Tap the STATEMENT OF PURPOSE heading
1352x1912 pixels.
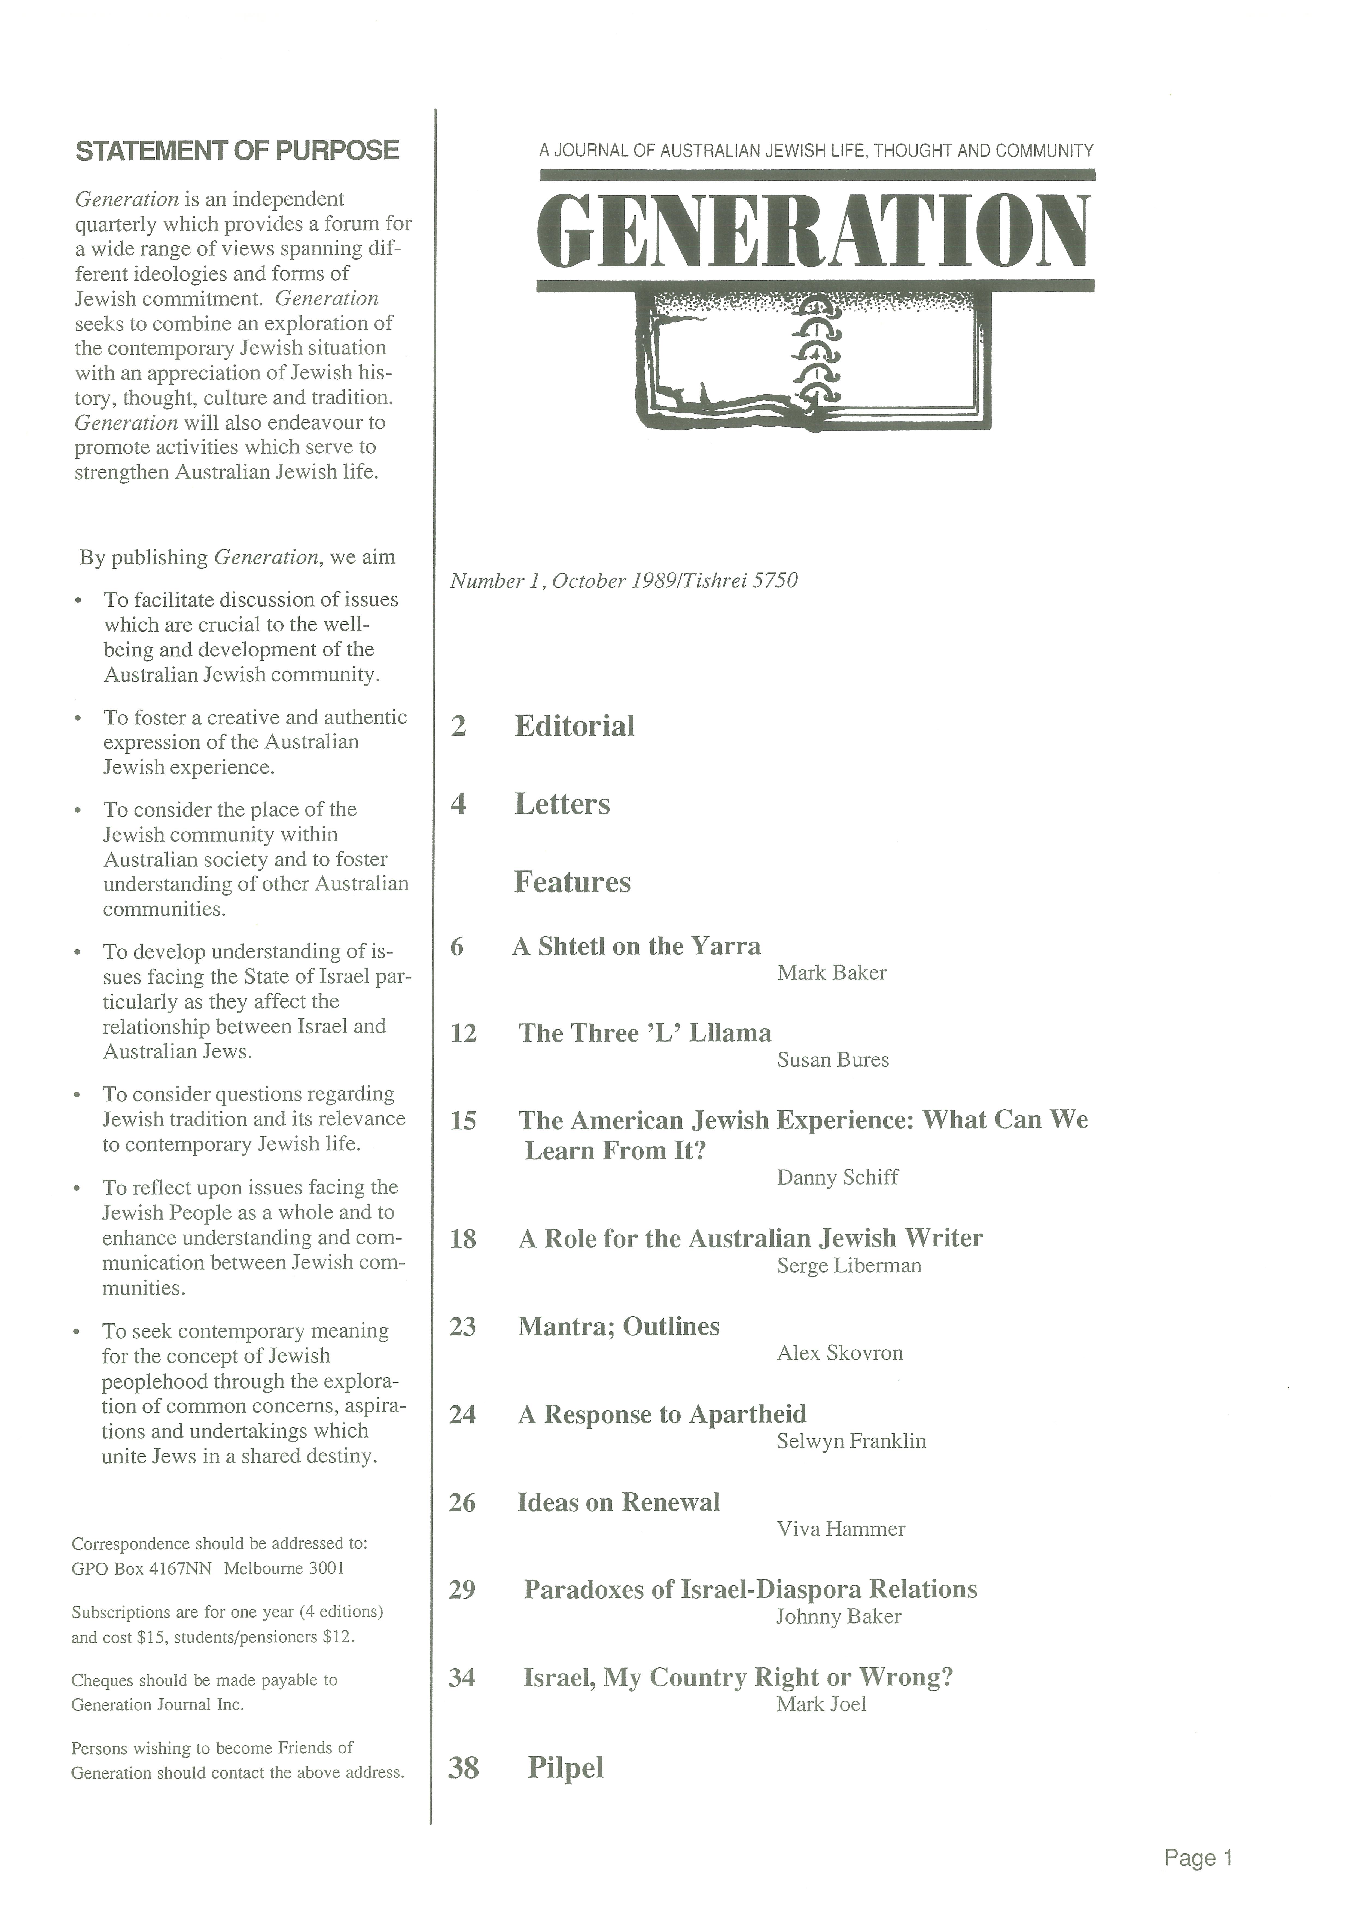237,151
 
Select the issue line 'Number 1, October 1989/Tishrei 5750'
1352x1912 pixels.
623,580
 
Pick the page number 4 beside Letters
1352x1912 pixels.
458,805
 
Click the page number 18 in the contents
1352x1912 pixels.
463,1239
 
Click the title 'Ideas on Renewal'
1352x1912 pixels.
619,1502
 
